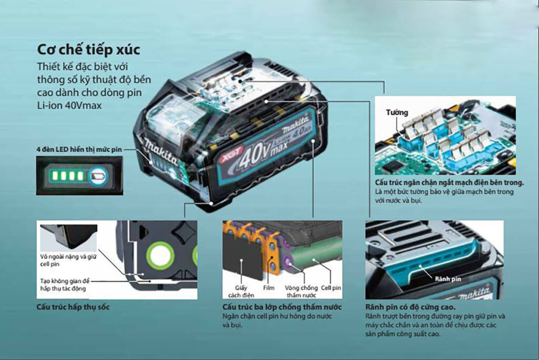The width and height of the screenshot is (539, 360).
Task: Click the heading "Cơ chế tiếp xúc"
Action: [x=88, y=49]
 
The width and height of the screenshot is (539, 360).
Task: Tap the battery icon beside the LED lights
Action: [x=98, y=176]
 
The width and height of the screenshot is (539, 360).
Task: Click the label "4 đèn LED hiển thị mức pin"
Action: [x=79, y=149]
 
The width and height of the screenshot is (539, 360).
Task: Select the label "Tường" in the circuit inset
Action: [x=397, y=113]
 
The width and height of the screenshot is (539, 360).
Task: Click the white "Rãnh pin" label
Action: [x=447, y=279]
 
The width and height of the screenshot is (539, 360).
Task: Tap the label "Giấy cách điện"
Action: [x=241, y=291]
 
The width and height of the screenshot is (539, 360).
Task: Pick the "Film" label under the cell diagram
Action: [x=268, y=287]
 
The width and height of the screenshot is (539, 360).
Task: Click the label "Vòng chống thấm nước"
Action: [x=301, y=291]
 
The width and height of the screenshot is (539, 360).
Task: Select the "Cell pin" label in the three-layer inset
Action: [x=331, y=287]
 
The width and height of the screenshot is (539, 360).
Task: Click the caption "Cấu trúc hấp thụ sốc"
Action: [x=73, y=307]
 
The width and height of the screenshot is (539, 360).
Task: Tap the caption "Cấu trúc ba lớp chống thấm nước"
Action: [x=282, y=307]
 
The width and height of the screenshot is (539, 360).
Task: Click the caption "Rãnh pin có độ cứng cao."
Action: [x=411, y=307]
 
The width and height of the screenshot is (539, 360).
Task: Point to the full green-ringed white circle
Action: [x=159, y=255]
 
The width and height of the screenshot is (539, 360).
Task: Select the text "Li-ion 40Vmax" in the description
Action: [x=69, y=105]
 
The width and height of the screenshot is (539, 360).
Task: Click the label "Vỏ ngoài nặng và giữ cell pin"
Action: [x=68, y=261]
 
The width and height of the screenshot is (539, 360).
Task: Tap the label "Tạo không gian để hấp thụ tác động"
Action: [x=65, y=285]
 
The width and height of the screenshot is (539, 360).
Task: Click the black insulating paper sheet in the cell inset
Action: [x=241, y=257]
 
